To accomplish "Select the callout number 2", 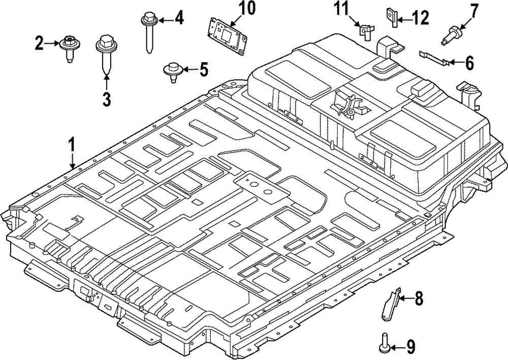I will (39, 44).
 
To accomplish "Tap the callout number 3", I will (107, 98).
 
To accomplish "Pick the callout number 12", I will (421, 18).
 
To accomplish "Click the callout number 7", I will (474, 10).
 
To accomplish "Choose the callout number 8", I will (418, 299).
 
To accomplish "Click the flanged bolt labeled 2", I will (68, 46).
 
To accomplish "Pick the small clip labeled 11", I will (364, 32).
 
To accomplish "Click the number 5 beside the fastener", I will (203, 69).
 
